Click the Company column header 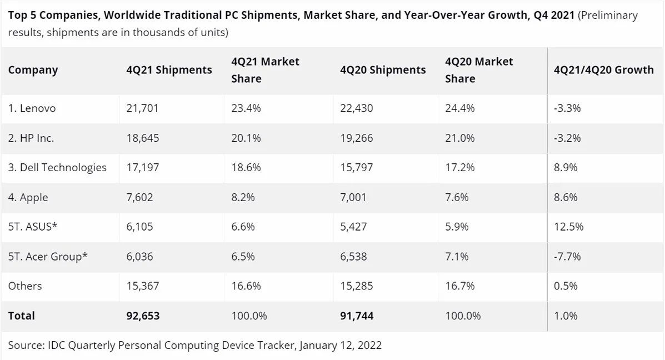[33, 70]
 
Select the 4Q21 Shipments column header [169, 70]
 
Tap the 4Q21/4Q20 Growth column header [603, 70]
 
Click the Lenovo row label [32, 108]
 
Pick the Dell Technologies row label [57, 168]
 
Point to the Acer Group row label [48, 257]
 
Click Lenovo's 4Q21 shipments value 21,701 [142, 108]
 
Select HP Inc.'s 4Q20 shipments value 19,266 [356, 138]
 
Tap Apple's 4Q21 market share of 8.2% [243, 197]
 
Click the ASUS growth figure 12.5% [569, 227]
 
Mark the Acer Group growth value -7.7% [567, 257]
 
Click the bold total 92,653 [143, 316]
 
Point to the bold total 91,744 [357, 316]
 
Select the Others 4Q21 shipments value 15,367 [142, 286]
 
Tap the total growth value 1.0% [566, 316]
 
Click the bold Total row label [22, 316]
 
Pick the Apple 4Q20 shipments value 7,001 [353, 197]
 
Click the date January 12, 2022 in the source [341, 346]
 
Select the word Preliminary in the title [609, 16]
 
